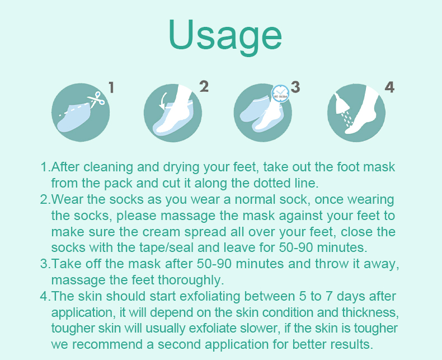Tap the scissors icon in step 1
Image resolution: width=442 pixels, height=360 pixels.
pos(96,101)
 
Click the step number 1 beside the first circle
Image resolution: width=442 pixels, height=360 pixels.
pos(111,87)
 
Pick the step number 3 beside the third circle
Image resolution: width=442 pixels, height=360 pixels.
pos(295,87)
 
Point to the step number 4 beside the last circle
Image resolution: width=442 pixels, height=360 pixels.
pos(389,87)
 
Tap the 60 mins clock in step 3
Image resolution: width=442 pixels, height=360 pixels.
pos(280,93)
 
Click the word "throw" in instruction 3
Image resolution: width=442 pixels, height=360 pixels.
pos(323,264)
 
